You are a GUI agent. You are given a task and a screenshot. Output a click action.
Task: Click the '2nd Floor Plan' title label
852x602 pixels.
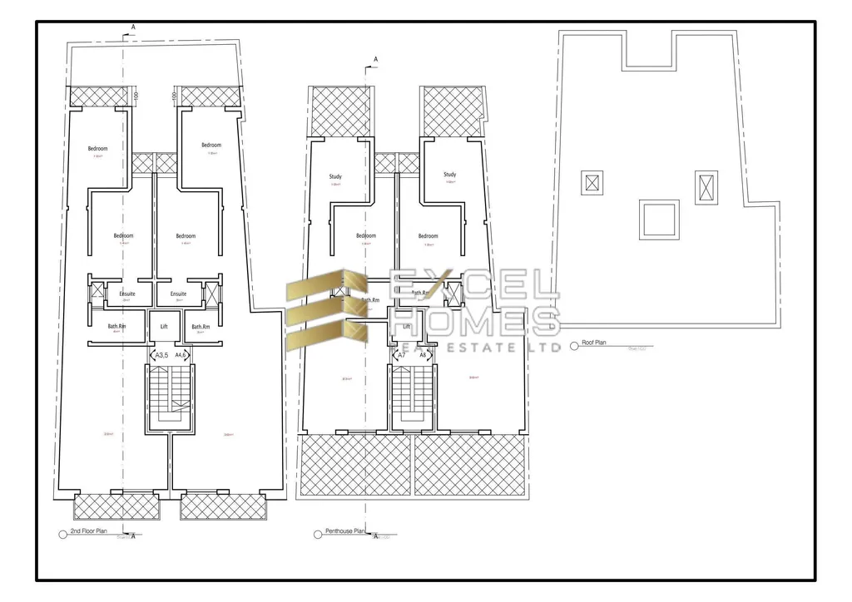point(89,530)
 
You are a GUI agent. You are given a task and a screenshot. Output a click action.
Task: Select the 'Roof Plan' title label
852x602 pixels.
point(594,342)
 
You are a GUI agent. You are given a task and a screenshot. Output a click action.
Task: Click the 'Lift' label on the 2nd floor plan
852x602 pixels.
point(164,326)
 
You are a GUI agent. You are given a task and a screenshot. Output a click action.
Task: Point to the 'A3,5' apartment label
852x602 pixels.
point(162,355)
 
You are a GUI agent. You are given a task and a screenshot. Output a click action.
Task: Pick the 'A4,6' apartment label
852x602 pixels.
point(181,355)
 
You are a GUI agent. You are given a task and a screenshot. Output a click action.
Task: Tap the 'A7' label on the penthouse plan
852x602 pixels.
point(402,355)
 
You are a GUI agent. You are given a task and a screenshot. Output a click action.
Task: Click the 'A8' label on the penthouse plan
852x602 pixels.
point(423,355)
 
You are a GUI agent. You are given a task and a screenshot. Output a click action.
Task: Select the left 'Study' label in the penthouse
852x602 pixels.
point(335,176)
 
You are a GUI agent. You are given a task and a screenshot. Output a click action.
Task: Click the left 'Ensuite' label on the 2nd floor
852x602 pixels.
point(127,294)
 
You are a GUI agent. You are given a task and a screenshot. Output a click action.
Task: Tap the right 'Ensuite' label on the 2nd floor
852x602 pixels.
point(178,294)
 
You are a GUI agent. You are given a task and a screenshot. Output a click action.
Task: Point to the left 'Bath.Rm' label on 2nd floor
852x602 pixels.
point(117,326)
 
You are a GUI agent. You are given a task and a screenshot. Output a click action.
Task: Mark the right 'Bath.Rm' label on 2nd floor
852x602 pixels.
point(200,326)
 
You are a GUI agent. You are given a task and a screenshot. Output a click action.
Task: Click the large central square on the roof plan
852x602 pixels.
point(656,220)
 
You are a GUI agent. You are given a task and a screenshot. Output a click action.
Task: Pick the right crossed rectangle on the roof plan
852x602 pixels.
point(706,187)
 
